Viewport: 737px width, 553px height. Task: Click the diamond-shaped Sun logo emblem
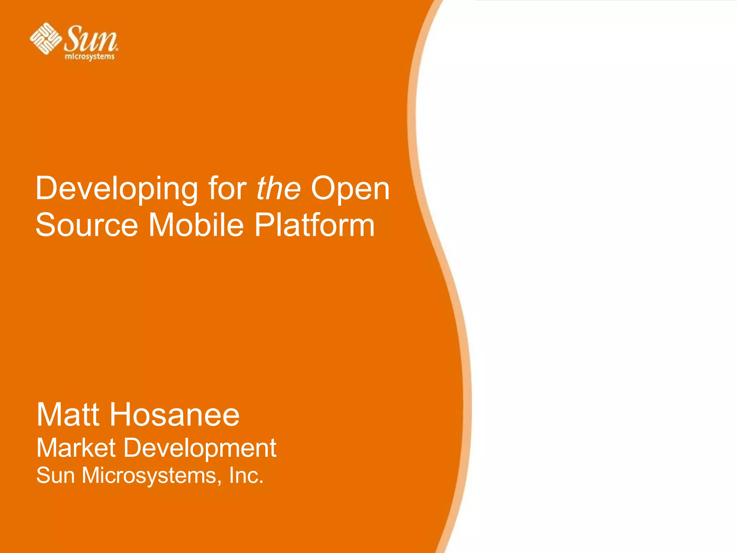tap(45, 39)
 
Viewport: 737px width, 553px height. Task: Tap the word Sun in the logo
tap(91, 39)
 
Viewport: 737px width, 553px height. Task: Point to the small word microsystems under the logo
tap(90, 57)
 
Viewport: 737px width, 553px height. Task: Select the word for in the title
tap(227, 188)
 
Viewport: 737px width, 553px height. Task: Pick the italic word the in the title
tap(278, 188)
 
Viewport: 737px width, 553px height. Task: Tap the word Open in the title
tap(350, 189)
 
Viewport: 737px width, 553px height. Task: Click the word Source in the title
tap(87, 225)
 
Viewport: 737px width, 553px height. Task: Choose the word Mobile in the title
tap(196, 225)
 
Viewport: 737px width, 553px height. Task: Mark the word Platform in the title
tap(315, 225)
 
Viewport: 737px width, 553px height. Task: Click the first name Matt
tap(68, 415)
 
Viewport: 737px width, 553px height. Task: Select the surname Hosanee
tap(175, 415)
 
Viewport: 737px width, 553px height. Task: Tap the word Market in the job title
tap(76, 448)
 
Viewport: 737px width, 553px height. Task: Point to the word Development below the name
tap(200, 449)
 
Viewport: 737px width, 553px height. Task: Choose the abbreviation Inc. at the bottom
tap(247, 475)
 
